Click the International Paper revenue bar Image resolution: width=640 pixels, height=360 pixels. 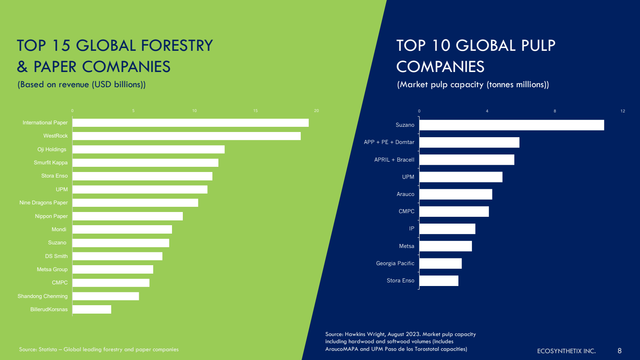190,123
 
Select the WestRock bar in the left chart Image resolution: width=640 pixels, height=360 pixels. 186,136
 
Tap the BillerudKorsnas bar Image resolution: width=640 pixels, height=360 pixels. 92,310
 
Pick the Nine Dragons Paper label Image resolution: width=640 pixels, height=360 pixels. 44,203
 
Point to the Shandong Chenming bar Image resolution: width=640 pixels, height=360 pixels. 106,296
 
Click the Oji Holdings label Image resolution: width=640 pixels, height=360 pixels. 52,150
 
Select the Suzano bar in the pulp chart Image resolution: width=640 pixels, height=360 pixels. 512,125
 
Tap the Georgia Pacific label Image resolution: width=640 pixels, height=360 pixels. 395,264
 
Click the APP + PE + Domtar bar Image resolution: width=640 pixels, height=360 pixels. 469,142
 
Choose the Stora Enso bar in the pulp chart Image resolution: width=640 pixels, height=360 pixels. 439,281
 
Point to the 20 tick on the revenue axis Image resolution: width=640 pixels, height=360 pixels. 316,111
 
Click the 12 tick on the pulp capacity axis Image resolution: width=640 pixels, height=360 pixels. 623,111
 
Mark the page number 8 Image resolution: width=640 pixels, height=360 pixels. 620,351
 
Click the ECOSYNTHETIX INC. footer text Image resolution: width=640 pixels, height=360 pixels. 566,351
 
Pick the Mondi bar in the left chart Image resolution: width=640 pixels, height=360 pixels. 122,230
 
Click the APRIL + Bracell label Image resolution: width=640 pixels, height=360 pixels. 394,160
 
